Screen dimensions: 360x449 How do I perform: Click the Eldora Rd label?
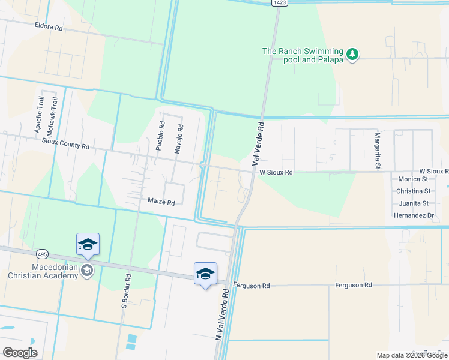click(49, 28)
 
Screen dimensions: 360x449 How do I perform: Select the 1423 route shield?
click(278, 3)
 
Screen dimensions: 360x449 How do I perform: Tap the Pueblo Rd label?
click(160, 137)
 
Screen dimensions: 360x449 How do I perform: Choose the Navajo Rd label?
click(178, 139)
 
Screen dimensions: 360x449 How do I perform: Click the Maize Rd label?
click(161, 203)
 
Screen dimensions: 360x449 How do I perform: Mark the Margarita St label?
click(378, 151)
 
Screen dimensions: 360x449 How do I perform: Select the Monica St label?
click(413, 179)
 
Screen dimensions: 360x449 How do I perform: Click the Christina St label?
click(414, 191)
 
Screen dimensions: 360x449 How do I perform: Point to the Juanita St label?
click(413, 203)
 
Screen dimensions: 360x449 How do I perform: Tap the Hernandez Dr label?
click(414, 215)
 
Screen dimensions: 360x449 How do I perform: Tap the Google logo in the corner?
click(20, 352)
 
